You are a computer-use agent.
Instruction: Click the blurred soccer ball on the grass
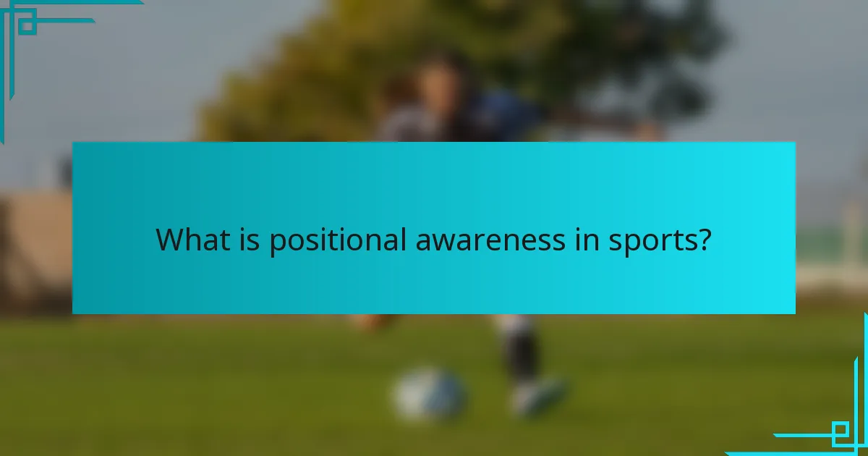[x=429, y=394]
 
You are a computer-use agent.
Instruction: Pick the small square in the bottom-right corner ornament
[x=841, y=434]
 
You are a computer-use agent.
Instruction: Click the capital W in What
[x=169, y=240]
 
